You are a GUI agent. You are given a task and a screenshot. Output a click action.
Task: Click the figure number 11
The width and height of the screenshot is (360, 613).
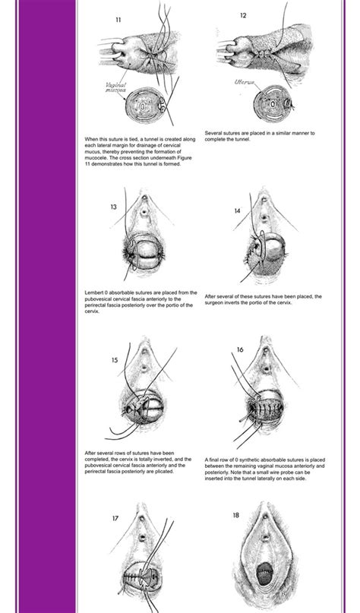118,20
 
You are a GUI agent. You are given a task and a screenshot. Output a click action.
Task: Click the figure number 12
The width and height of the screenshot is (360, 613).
243,16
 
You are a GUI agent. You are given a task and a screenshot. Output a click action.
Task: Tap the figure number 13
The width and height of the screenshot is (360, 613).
113,207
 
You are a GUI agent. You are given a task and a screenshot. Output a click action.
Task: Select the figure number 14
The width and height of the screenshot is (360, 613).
237,210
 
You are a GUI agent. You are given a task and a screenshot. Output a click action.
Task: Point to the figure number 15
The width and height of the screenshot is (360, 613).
114,360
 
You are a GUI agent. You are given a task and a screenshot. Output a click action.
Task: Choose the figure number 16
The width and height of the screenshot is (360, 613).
240,349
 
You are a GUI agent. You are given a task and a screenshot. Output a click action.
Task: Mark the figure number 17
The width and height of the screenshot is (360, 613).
115,518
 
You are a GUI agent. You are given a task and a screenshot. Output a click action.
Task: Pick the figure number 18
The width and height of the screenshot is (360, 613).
235,515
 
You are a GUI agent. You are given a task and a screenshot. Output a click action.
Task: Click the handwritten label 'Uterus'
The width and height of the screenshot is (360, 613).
245,82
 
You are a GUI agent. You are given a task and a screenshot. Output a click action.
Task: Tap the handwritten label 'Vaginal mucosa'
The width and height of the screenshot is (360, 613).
115,87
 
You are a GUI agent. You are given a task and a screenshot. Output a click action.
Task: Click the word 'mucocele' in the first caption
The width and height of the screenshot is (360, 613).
95,158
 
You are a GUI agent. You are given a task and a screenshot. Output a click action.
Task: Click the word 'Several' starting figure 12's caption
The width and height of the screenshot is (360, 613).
213,134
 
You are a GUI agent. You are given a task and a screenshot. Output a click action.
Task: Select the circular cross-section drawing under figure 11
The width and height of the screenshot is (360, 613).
145,104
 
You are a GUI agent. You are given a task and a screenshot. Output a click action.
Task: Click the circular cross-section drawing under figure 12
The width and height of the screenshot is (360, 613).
273,103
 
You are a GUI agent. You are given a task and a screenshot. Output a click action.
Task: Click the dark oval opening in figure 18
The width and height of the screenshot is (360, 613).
265,574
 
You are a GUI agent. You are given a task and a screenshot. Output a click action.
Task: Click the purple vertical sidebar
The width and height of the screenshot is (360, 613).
47,307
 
